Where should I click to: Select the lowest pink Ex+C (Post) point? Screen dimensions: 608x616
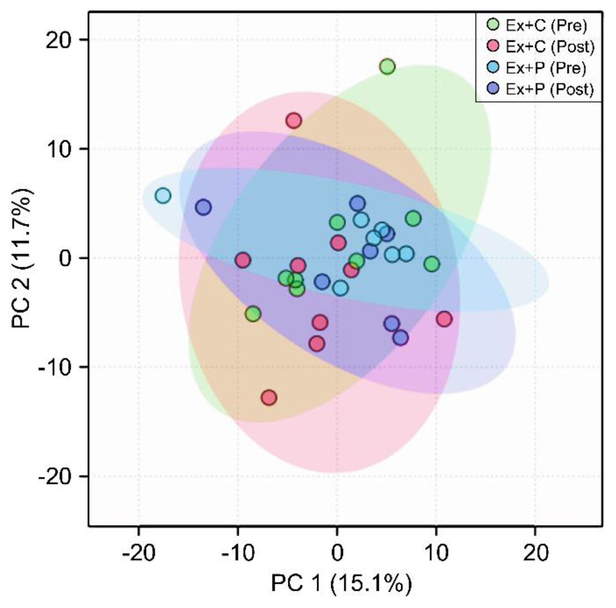[269, 398]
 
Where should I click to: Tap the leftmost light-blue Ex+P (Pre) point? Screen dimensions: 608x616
[163, 195]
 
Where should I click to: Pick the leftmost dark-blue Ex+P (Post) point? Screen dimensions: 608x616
[203, 207]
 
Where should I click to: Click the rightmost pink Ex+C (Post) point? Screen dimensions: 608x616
[444, 319]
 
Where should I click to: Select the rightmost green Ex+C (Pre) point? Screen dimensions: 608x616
[432, 264]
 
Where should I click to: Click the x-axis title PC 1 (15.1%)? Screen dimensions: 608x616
[341, 583]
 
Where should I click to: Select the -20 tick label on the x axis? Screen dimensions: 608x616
[139, 553]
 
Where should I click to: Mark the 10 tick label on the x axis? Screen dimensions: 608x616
[436, 553]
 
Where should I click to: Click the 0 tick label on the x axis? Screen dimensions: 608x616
[337, 553]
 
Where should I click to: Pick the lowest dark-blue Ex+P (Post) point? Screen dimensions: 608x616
[401, 337]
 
